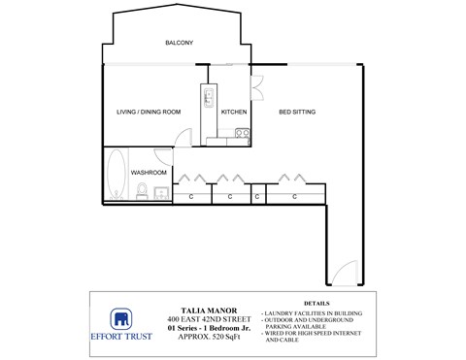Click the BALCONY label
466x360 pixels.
point(179,43)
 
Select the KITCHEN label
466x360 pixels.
point(234,112)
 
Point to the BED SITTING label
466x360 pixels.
point(297,112)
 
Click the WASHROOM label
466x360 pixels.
point(149,173)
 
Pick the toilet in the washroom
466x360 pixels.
point(142,194)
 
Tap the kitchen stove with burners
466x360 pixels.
point(209,97)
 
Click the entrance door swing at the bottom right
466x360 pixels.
point(344,274)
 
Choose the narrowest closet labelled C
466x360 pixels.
point(257,196)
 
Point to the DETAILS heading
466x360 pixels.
point(317,303)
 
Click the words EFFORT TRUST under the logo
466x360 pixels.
point(121,339)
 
